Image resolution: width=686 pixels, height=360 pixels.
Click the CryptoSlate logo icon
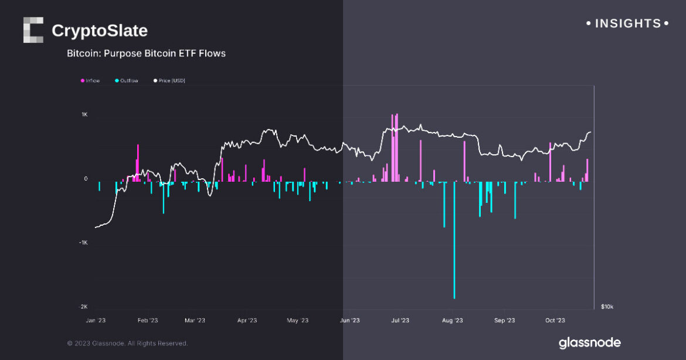click(33, 30)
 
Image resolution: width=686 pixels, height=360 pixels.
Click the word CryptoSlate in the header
click(100, 30)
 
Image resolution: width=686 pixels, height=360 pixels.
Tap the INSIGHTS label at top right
click(627, 23)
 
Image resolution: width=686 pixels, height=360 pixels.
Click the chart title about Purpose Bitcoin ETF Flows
click(146, 53)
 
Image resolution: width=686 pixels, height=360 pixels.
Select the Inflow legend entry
click(90, 81)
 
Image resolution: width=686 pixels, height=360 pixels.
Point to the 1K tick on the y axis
click(84, 116)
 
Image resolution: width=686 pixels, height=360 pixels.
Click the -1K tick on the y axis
click(83, 243)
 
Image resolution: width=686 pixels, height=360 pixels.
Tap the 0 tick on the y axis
click(86, 179)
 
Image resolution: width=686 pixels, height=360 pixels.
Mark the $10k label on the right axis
click(607, 307)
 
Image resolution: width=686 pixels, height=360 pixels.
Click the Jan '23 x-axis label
click(96, 321)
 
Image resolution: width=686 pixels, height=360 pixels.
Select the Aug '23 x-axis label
click(452, 321)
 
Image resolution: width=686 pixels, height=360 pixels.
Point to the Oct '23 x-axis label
click(555, 321)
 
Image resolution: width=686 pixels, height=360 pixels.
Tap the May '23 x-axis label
click(297, 321)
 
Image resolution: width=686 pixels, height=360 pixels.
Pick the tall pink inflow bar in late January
click(138, 163)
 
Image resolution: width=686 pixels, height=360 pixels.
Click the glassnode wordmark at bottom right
click(589, 342)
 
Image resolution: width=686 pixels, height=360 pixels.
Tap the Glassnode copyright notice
click(127, 343)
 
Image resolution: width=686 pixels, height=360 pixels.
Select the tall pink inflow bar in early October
click(550, 161)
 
